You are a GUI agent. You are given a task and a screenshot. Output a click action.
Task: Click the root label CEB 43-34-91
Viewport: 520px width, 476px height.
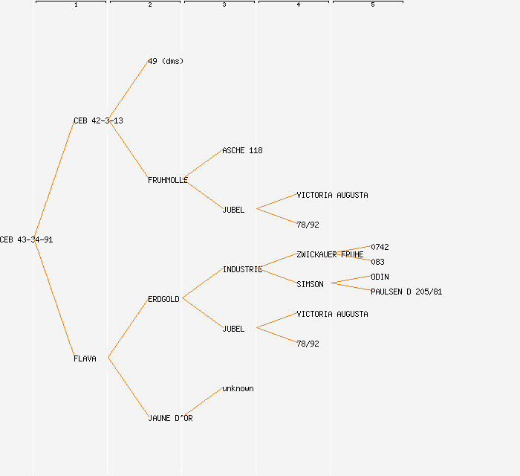(x=26, y=239)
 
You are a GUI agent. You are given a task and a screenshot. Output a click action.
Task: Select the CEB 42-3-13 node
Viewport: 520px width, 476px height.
(x=98, y=120)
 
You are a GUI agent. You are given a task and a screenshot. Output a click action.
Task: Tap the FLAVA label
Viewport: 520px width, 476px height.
(x=85, y=358)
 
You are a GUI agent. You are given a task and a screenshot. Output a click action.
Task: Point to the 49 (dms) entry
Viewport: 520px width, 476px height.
(x=166, y=61)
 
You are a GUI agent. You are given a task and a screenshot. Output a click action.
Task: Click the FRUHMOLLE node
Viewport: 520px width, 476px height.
(x=168, y=180)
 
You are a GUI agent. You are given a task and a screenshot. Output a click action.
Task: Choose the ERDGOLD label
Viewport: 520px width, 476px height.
(x=163, y=299)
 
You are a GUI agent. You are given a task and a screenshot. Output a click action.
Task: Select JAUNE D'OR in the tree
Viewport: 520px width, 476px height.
(x=170, y=418)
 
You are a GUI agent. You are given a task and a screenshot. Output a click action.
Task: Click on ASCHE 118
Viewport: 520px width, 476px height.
(x=242, y=150)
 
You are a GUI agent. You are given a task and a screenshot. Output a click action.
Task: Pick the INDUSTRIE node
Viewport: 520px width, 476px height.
(x=242, y=269)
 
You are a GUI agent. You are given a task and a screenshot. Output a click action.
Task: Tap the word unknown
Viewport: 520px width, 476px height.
(x=238, y=388)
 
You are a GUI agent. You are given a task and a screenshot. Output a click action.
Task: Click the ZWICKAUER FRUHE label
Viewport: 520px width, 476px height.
(x=330, y=254)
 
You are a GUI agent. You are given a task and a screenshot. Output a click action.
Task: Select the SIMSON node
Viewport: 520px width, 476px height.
(x=310, y=284)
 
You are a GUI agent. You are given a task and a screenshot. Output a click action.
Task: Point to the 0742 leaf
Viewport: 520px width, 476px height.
(x=380, y=247)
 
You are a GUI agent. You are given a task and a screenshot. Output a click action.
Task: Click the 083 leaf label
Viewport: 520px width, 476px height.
(x=377, y=262)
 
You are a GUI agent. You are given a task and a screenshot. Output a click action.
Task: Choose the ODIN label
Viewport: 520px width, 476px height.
(x=380, y=277)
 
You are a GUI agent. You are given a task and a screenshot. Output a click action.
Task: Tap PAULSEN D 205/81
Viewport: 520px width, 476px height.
(x=406, y=292)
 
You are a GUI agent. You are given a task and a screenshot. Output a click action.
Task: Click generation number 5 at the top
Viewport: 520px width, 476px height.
(x=373, y=5)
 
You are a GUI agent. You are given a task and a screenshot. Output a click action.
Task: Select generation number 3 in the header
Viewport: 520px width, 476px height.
(x=224, y=5)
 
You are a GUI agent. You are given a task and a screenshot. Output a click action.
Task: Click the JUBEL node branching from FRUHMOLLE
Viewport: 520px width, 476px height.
(x=233, y=210)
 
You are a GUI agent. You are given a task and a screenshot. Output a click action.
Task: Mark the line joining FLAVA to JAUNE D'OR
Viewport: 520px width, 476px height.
(x=128, y=387)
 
